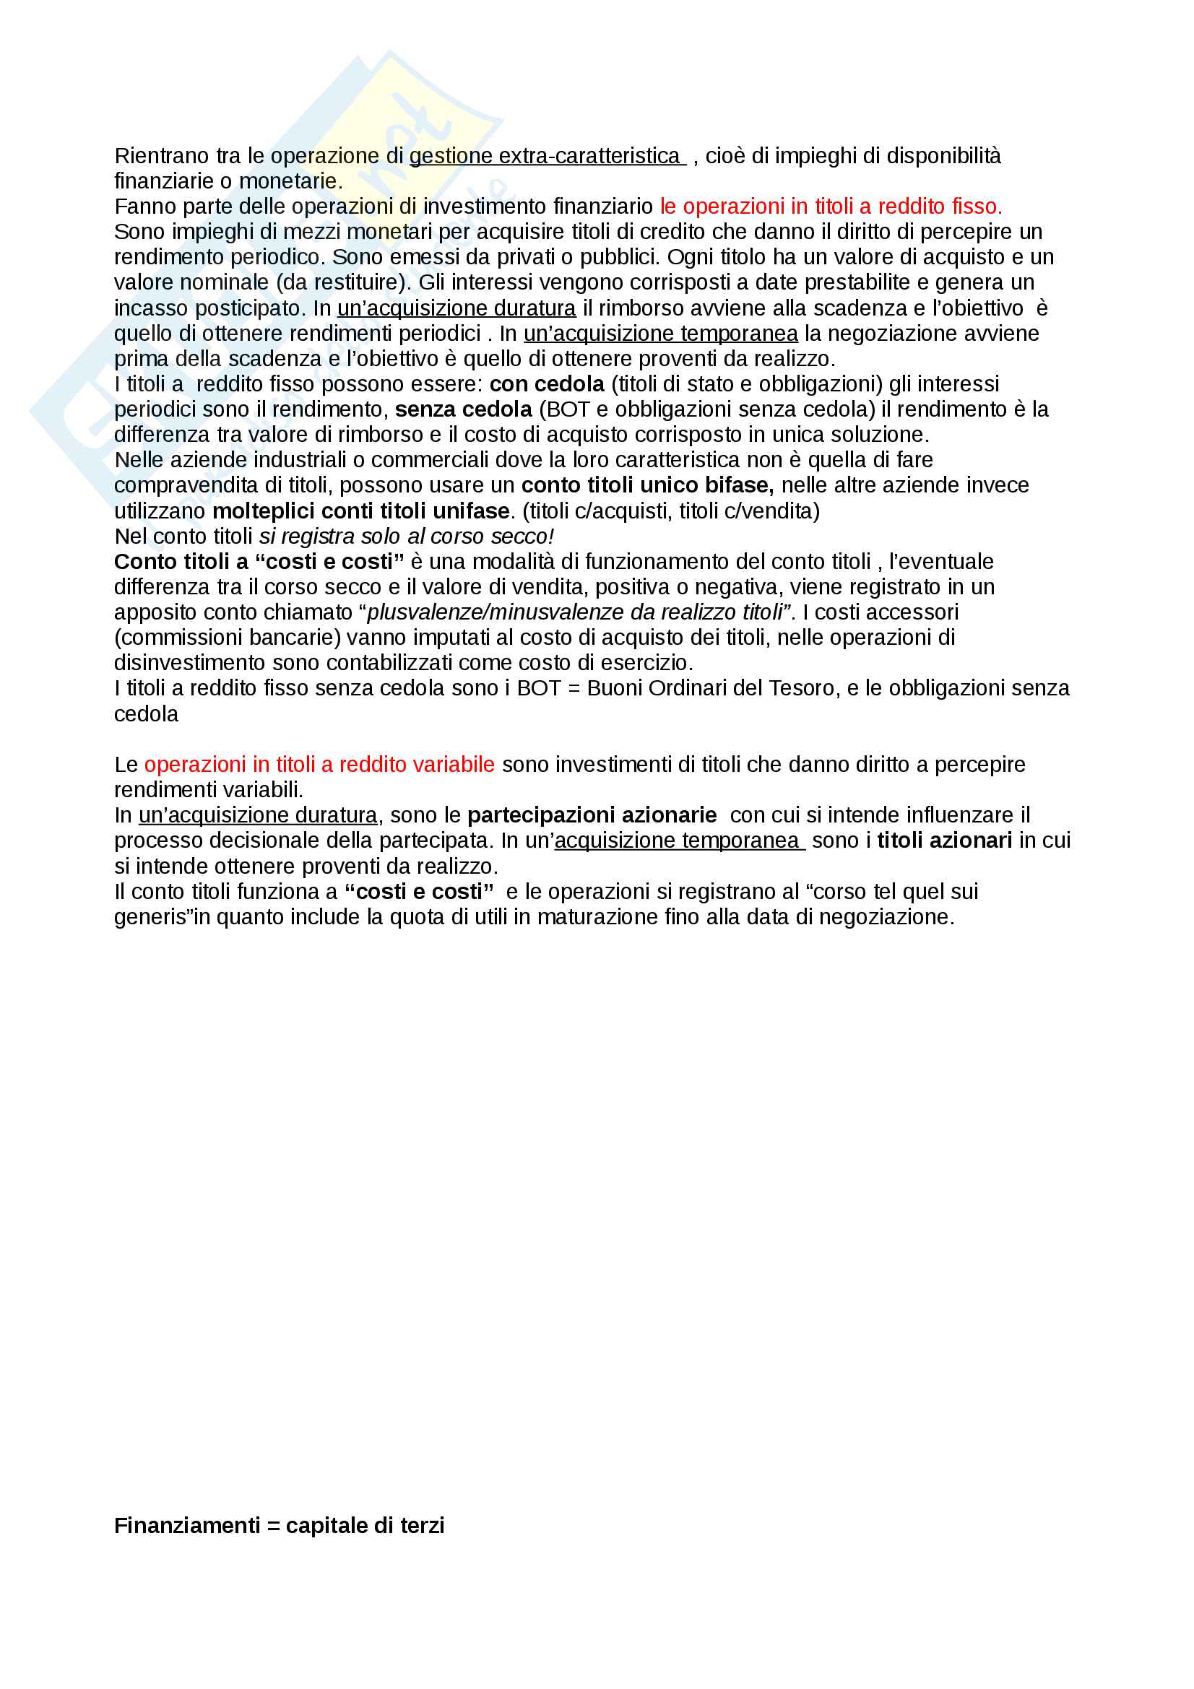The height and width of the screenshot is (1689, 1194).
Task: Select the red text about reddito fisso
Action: click(x=831, y=207)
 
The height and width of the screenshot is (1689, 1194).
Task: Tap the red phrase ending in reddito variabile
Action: click(x=319, y=764)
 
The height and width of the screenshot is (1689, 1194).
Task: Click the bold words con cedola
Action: click(x=547, y=384)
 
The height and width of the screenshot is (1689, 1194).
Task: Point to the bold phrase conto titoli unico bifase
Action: click(x=646, y=485)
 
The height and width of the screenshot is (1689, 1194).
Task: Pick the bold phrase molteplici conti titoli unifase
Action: click(x=360, y=511)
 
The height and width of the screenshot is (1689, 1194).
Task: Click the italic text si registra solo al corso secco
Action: click(x=406, y=537)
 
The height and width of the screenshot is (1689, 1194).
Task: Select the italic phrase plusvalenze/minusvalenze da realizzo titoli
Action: click(x=574, y=612)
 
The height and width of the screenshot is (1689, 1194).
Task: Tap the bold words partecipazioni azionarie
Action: click(x=592, y=815)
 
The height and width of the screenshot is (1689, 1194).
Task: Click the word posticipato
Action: click(x=247, y=308)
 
